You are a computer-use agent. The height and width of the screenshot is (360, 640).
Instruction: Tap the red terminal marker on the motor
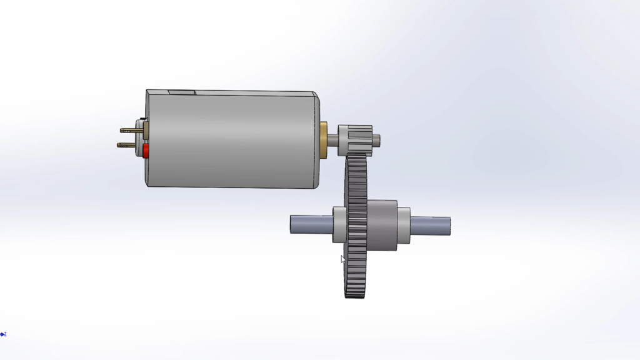pyautogui.click(x=146, y=151)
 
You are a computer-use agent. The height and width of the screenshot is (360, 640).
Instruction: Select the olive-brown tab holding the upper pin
pyautogui.click(x=146, y=130)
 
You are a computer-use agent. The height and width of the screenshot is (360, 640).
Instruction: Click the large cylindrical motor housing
pyautogui.click(x=231, y=139)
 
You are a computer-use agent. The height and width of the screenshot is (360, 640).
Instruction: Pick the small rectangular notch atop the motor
pyautogui.click(x=182, y=92)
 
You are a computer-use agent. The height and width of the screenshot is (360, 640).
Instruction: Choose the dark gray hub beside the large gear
pyautogui.click(x=382, y=225)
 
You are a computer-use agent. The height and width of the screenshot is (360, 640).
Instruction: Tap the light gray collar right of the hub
pyautogui.click(x=404, y=225)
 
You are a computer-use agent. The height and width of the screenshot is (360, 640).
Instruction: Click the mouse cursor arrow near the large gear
pyautogui.click(x=342, y=259)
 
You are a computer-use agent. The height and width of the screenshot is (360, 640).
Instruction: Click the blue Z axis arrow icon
pyautogui.click(x=3, y=334)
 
